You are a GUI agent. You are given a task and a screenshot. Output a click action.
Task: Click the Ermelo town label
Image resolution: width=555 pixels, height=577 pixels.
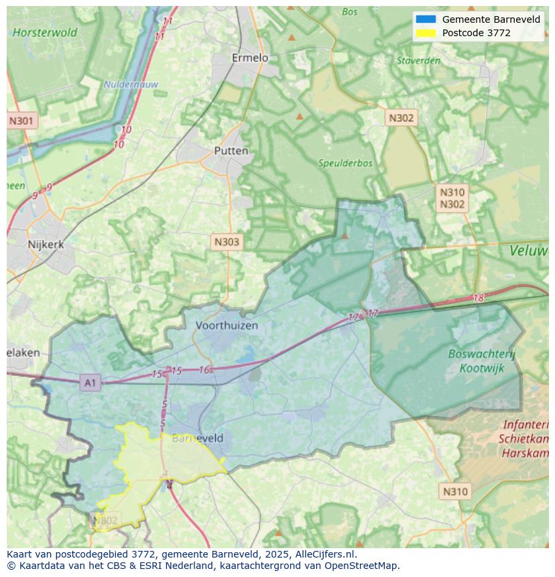pos(249,58)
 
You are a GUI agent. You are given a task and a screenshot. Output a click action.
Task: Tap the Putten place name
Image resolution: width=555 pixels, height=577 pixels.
pos(231,151)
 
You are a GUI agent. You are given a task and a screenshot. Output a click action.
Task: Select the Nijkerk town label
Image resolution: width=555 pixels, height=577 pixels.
pos(46,245)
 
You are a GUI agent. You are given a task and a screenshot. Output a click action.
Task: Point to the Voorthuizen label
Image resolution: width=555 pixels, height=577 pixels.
pos(227,325)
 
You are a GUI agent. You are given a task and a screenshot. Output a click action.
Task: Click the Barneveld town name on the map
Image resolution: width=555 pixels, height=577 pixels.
pos(198,438)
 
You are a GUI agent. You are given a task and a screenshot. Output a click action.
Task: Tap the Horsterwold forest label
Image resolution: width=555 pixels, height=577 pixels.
pos(45,32)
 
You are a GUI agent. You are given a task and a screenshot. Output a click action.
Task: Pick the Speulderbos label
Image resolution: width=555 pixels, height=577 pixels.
pos(345,163)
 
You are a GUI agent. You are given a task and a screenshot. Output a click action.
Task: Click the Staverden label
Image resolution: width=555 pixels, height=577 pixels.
pos(418,60)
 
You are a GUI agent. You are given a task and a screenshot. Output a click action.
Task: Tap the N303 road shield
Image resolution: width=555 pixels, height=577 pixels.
pos(227,242)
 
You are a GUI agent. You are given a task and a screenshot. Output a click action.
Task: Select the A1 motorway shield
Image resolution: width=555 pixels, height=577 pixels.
pos(89,383)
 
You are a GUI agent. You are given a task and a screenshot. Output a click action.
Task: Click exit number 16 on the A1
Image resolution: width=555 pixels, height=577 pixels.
pos(204,370)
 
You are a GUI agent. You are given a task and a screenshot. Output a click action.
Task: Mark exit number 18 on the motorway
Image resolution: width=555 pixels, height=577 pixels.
pos(478,298)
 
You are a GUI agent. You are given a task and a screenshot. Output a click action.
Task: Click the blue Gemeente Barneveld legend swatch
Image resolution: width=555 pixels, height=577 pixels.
pos(425,19)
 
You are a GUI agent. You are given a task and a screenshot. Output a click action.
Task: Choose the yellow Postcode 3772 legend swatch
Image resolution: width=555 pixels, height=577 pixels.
pos(425,33)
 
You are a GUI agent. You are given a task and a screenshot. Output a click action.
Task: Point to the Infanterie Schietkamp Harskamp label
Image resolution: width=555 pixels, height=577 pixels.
pos(525,439)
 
